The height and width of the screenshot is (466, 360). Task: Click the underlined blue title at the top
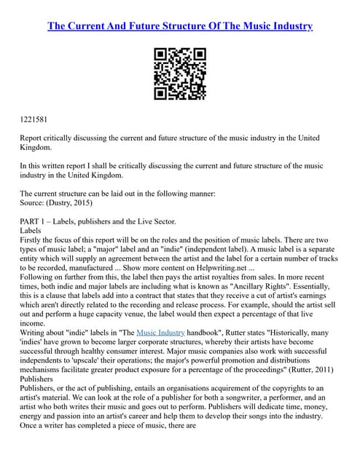[x=180, y=26]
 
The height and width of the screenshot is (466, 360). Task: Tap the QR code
[x=180, y=73]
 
